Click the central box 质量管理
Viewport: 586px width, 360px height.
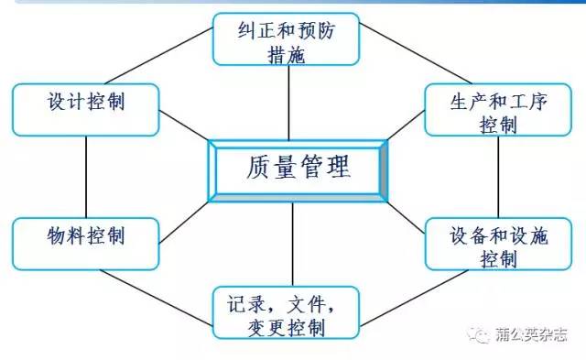click(x=298, y=169)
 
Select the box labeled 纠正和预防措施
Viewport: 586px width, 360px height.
click(x=287, y=39)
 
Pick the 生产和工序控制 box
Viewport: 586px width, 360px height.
click(x=499, y=112)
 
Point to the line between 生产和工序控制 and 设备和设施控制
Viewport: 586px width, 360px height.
click(x=499, y=180)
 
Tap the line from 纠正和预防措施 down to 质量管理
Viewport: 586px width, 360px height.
click(x=288, y=101)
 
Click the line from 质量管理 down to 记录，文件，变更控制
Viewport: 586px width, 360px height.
click(x=293, y=245)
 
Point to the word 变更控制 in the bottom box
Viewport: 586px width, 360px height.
click(x=287, y=326)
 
